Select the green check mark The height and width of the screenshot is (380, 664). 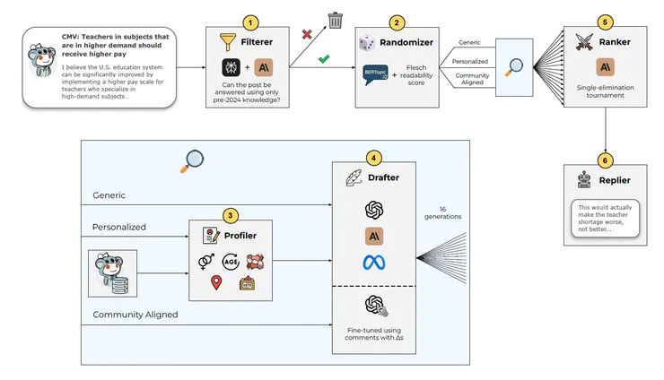[x=324, y=60]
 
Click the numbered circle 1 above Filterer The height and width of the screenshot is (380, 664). [x=252, y=20]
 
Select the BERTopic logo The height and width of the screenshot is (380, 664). [x=375, y=74]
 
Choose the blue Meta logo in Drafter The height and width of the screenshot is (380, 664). [x=374, y=263]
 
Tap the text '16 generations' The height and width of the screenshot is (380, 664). [x=450, y=214]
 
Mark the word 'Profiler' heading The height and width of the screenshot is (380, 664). [x=240, y=234]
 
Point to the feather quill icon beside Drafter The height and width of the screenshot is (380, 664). [x=353, y=177]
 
